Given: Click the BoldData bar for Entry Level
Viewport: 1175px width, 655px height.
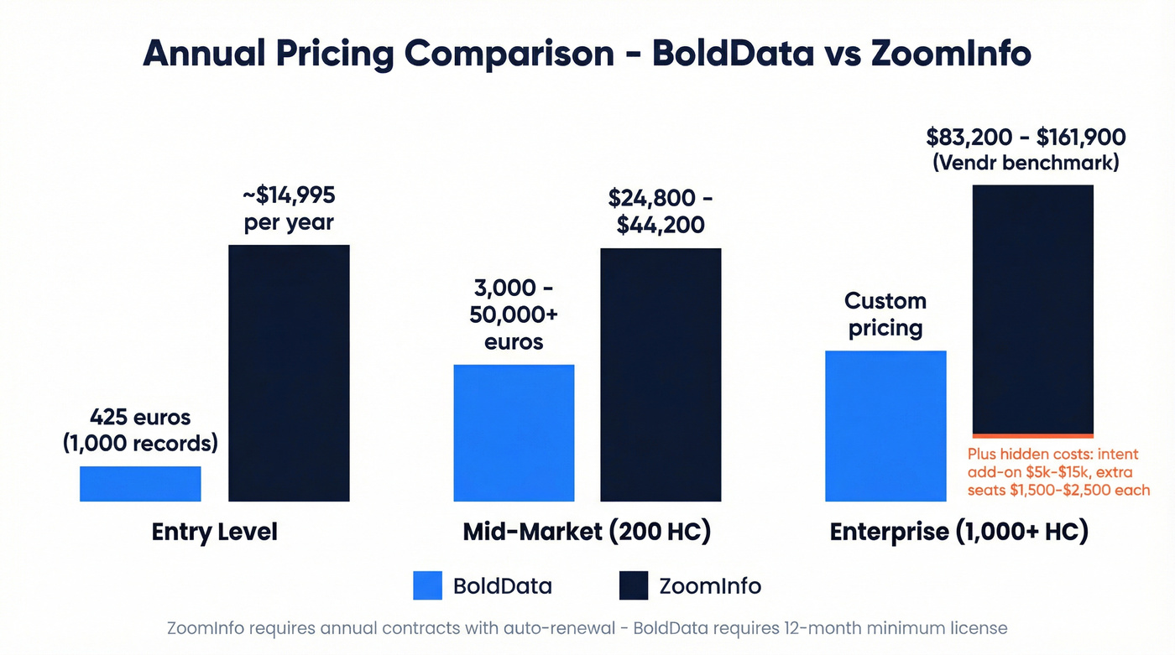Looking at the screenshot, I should pyautogui.click(x=140, y=484).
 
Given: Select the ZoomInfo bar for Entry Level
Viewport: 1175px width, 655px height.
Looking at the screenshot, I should pyautogui.click(x=289, y=373).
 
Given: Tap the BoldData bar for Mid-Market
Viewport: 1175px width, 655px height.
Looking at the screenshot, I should pyautogui.click(x=514, y=433).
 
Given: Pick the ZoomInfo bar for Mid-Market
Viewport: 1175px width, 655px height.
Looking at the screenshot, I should pyautogui.click(x=661, y=375).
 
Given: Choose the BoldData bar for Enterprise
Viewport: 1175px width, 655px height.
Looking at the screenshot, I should pyautogui.click(x=885, y=426).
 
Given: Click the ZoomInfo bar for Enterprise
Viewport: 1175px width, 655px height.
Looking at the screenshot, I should pyautogui.click(x=1032, y=309).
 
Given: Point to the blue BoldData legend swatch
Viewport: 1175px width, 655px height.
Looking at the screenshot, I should pyautogui.click(x=427, y=585).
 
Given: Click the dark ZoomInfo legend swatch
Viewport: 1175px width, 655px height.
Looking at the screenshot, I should pyautogui.click(x=634, y=585).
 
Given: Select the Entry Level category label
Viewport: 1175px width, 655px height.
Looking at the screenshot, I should pyautogui.click(x=214, y=533).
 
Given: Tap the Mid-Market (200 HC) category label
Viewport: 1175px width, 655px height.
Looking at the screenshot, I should pyautogui.click(x=587, y=533).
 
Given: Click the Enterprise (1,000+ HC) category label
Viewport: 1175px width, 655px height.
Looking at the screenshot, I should pyautogui.click(x=958, y=533).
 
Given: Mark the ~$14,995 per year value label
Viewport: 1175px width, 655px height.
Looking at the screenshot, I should pyautogui.click(x=289, y=209).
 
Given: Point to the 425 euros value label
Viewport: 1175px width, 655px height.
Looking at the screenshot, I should pyautogui.click(x=140, y=430).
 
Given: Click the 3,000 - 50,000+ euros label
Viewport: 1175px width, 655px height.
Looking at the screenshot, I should pyautogui.click(x=513, y=315).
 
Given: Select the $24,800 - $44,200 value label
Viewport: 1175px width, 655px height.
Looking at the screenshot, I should pyautogui.click(x=661, y=211).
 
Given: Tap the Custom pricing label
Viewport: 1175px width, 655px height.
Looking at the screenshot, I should pyautogui.click(x=885, y=314).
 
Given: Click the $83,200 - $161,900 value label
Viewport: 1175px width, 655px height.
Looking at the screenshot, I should pyautogui.click(x=1026, y=148).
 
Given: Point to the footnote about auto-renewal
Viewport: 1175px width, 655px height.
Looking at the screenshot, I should pyautogui.click(x=587, y=628).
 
